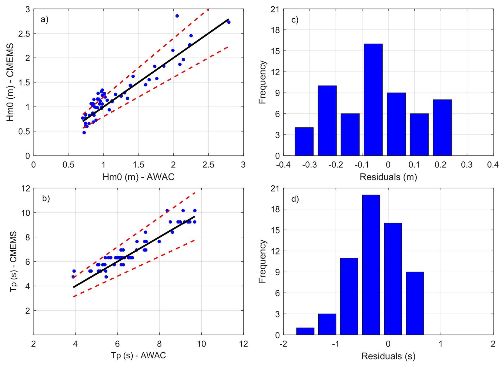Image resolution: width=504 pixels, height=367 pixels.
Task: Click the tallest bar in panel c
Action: (x=373, y=100)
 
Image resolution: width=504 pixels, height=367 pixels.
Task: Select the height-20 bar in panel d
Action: (x=371, y=265)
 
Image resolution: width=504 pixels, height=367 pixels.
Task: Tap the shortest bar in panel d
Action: (x=305, y=331)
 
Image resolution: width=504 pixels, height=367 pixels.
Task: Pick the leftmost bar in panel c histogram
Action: (x=304, y=141)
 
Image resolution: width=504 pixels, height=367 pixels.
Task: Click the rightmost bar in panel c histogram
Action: (x=442, y=128)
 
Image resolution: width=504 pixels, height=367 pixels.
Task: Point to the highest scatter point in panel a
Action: (x=177, y=16)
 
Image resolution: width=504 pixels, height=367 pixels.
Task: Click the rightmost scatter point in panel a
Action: (x=229, y=22)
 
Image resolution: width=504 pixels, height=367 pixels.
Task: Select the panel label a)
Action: (x=44, y=19)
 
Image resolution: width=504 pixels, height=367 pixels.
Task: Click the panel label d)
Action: (x=295, y=199)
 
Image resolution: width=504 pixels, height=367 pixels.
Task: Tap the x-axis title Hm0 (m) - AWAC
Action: (x=139, y=177)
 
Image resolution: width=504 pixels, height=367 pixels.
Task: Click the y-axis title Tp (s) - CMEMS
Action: (x=13, y=261)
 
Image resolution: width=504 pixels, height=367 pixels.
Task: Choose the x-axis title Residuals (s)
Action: (x=388, y=356)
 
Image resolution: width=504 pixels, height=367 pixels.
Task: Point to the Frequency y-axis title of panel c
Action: (x=263, y=82)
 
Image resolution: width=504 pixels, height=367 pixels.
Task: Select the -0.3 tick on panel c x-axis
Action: (x=310, y=165)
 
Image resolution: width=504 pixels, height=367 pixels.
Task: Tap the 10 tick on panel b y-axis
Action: (x=26, y=213)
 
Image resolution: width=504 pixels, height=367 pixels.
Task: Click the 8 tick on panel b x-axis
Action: (x=159, y=344)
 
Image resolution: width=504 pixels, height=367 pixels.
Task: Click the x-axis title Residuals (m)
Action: (x=388, y=177)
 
